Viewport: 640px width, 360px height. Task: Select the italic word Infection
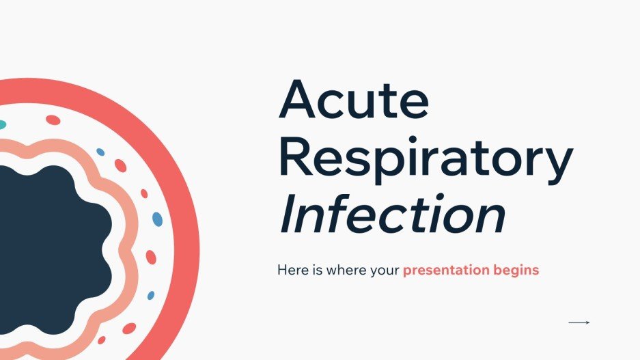click(392, 216)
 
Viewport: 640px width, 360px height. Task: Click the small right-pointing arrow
click(579, 322)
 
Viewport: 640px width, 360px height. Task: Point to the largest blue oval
click(157, 219)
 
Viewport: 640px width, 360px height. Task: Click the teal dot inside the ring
click(2, 125)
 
